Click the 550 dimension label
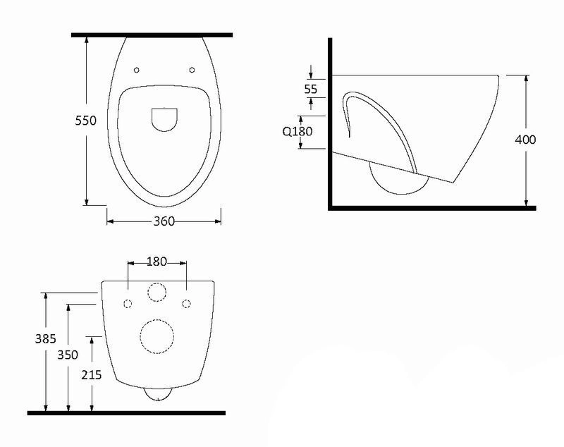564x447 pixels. (x=85, y=120)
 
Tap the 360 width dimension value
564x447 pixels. (x=164, y=221)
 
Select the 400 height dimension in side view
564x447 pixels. (x=525, y=139)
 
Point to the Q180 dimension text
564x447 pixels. (x=298, y=131)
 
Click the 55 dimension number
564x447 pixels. (x=311, y=89)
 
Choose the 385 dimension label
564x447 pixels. (x=46, y=338)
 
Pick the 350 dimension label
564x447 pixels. (x=68, y=355)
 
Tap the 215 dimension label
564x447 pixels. (x=92, y=374)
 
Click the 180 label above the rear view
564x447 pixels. (x=157, y=262)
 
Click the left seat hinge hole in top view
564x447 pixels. (x=136, y=70)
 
